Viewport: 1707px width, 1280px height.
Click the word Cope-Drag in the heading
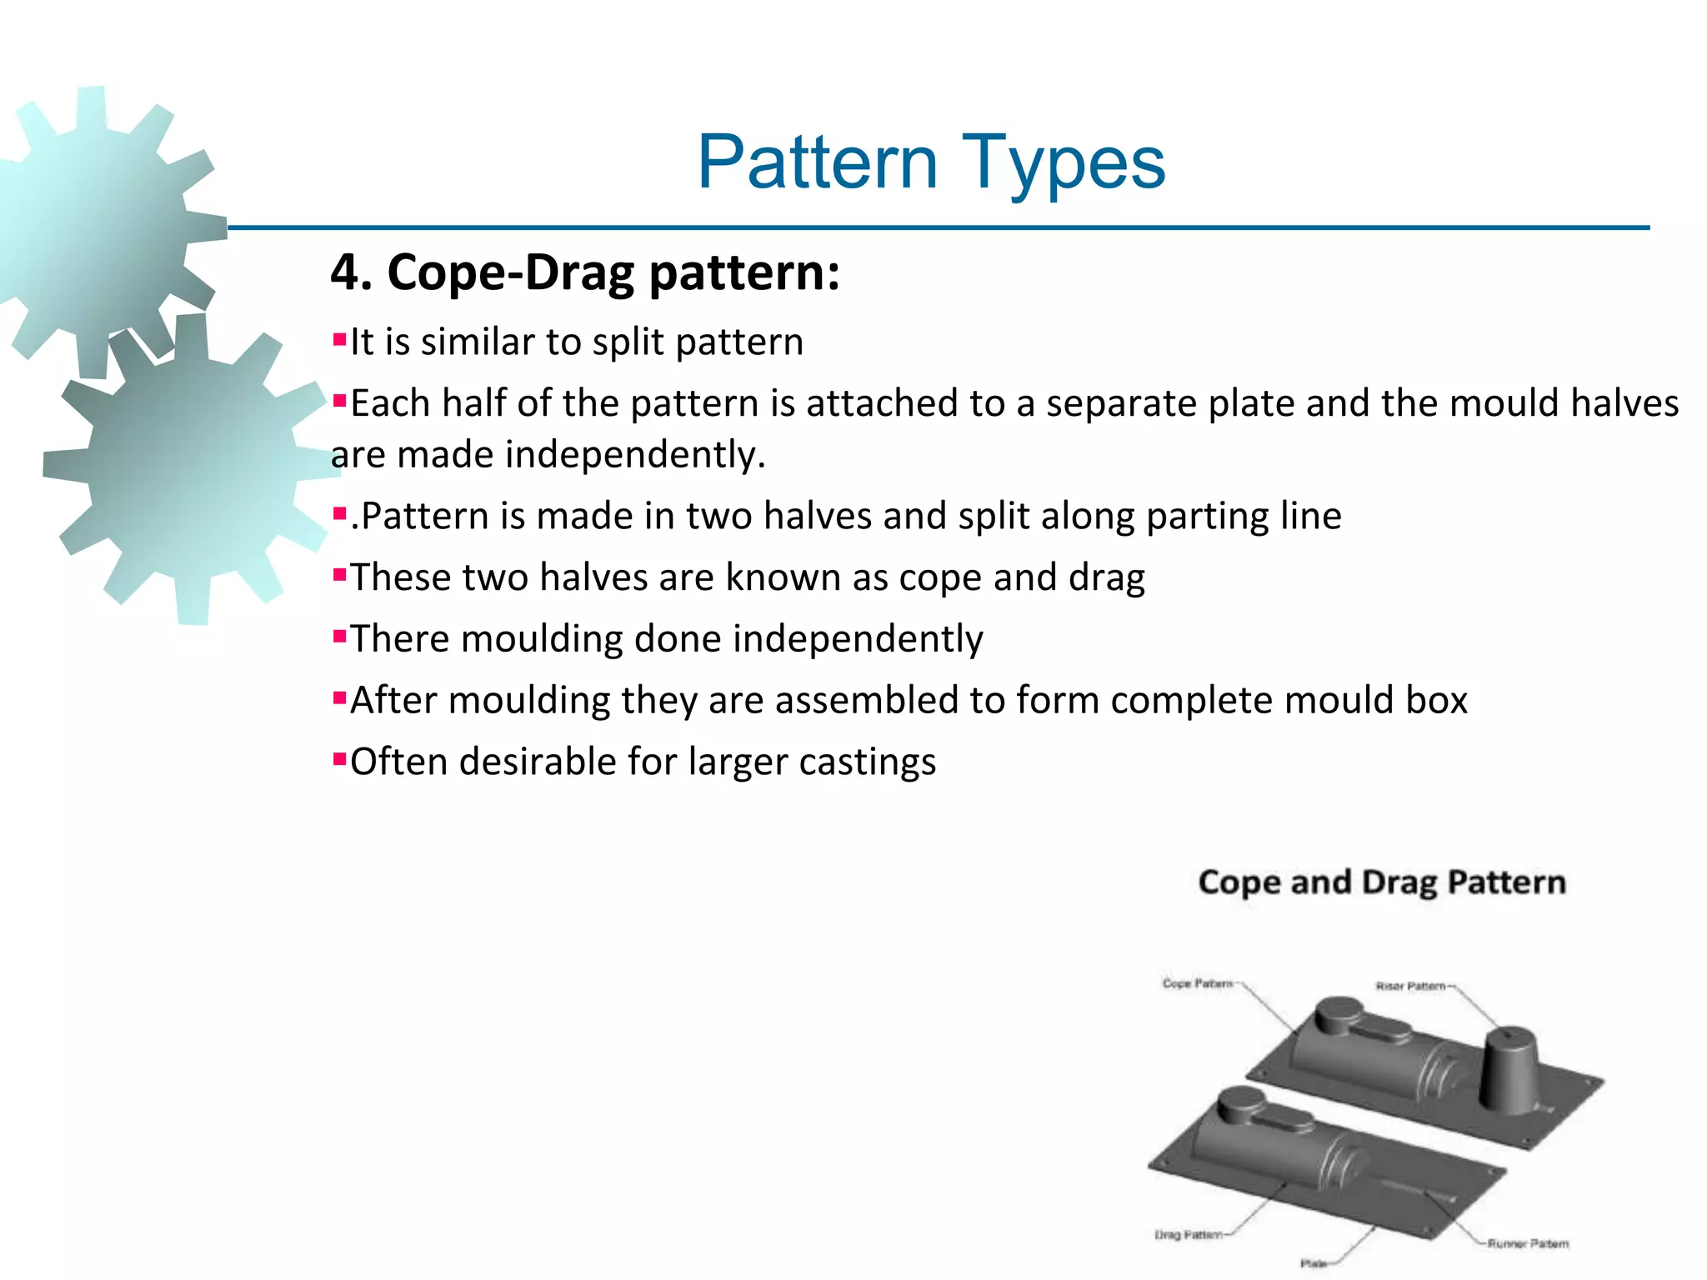click(510, 272)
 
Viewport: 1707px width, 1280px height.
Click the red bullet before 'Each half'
click(339, 402)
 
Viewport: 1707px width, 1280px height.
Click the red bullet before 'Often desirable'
click(339, 759)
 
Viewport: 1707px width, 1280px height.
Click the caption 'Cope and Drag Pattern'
click(1382, 882)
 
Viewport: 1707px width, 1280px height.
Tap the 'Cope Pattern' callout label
click(1197, 983)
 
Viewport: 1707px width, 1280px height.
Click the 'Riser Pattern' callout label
click(1410, 986)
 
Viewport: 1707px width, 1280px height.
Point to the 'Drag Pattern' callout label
click(1189, 1234)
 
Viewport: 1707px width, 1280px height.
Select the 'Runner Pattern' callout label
click(1528, 1243)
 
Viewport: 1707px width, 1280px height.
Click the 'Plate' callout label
click(1313, 1263)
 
